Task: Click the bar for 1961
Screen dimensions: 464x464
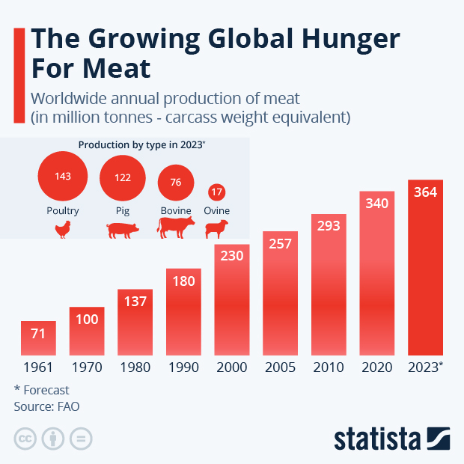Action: (x=39, y=338)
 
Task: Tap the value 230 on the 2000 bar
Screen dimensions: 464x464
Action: (x=232, y=255)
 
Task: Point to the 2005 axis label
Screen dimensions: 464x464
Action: (x=280, y=367)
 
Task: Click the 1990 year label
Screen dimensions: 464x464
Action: (x=183, y=367)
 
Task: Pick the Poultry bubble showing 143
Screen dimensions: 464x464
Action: (x=63, y=177)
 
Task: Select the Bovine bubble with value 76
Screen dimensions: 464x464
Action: (x=176, y=182)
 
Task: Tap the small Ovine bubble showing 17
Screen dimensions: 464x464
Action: (x=217, y=192)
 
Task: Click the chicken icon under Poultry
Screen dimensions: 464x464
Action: (x=64, y=230)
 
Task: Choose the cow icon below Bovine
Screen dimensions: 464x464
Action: (x=176, y=228)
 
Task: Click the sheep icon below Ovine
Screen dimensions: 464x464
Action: (x=217, y=230)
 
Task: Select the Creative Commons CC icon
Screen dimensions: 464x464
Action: (x=25, y=439)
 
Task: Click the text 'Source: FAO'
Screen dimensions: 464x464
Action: (x=46, y=406)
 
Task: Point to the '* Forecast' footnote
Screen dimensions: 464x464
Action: (x=41, y=389)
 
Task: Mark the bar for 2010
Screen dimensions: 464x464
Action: (x=329, y=284)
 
